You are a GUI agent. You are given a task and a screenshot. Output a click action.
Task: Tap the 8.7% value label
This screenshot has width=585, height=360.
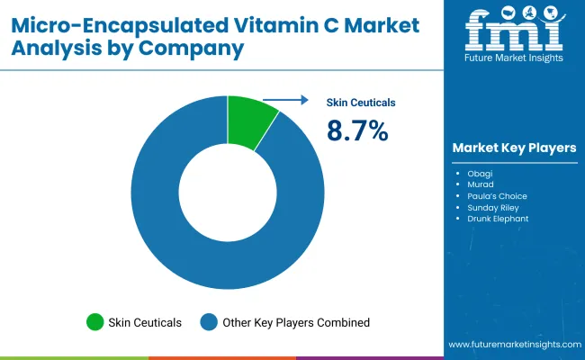tap(357, 131)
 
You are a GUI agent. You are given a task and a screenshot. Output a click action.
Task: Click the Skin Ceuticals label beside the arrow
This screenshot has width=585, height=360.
tap(360, 103)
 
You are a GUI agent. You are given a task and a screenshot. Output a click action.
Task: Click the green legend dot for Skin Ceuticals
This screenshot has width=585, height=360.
tap(94, 321)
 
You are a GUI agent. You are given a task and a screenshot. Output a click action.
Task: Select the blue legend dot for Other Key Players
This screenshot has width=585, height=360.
tap(209, 321)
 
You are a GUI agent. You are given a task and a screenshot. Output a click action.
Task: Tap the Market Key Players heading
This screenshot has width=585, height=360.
tap(515, 148)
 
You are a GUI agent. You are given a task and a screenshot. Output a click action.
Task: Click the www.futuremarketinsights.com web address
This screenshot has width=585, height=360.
tap(512, 345)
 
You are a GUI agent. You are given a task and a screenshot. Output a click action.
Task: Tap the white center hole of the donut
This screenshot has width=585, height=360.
tap(228, 192)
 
